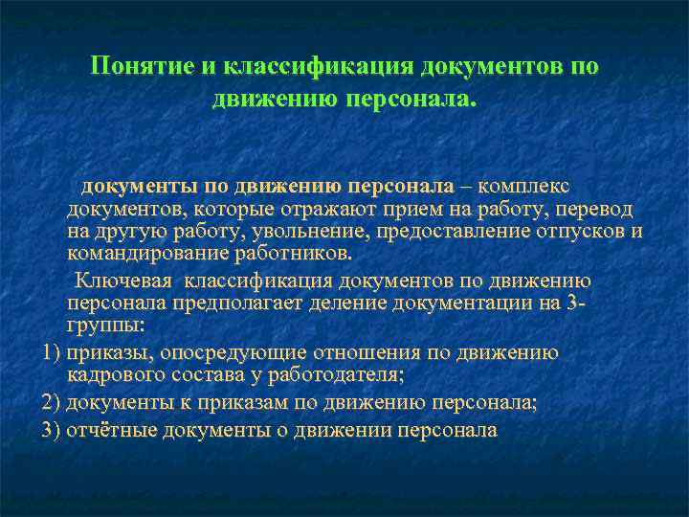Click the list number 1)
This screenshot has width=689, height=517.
tap(52, 352)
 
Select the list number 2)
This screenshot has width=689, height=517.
tap(52, 402)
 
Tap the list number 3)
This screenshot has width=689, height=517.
tap(52, 429)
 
